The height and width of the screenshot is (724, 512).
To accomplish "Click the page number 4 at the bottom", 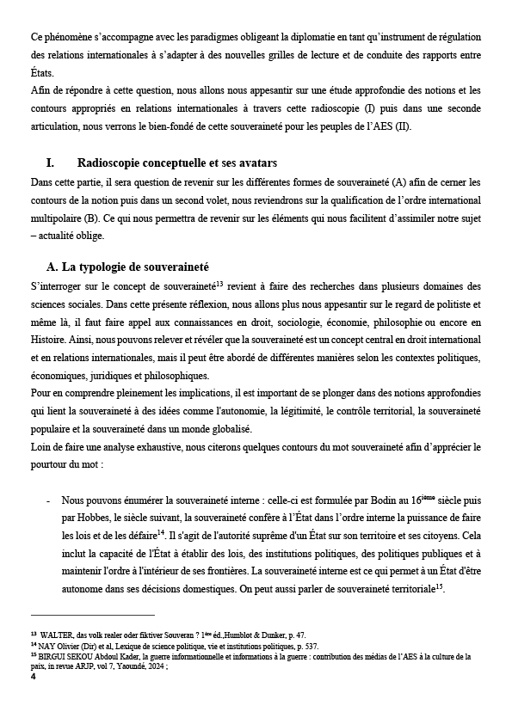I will click(33, 677).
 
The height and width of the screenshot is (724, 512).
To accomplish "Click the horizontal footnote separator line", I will click(92, 615).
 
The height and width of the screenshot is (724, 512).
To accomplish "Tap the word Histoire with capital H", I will click(49, 339).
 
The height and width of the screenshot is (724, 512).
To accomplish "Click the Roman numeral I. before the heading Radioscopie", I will click(50, 163).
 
